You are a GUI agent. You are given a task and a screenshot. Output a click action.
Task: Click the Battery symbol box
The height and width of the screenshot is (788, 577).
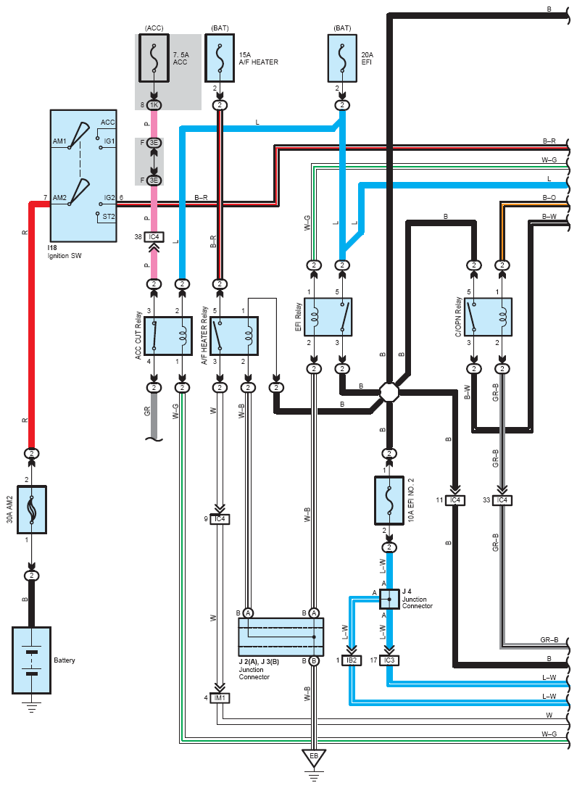click(x=31, y=660)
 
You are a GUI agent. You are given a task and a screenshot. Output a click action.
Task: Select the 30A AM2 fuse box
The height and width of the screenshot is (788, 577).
click(x=32, y=509)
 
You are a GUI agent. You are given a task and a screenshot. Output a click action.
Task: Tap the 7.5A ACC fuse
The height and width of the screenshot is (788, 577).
click(x=154, y=58)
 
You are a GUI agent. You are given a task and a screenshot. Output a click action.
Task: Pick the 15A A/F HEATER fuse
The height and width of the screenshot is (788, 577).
click(x=220, y=58)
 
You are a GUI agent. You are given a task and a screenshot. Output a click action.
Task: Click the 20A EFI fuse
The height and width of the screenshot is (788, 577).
click(x=342, y=58)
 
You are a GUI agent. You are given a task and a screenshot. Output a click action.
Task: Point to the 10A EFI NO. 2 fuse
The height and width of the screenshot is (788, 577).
click(x=389, y=500)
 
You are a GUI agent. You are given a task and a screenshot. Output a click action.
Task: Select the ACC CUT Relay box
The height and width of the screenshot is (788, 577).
click(x=168, y=336)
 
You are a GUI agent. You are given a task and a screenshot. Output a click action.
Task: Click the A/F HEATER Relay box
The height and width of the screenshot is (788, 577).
click(x=234, y=336)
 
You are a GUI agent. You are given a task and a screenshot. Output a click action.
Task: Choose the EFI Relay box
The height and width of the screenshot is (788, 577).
click(x=328, y=317)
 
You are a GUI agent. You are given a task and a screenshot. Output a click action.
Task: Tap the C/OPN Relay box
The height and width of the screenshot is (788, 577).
click(x=488, y=317)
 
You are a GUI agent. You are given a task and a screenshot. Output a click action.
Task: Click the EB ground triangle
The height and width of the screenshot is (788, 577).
click(x=314, y=758)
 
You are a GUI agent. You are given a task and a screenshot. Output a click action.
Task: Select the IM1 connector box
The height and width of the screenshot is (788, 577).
click(x=220, y=697)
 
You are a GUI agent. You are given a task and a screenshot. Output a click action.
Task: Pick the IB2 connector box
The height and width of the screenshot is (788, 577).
click(x=352, y=660)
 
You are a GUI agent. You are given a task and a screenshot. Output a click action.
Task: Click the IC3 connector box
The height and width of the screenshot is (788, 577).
click(x=389, y=660)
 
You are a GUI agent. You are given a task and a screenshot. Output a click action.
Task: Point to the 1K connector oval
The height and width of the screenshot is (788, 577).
click(x=154, y=105)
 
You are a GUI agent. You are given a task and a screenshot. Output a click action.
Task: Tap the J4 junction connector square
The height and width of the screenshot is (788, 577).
click(x=389, y=599)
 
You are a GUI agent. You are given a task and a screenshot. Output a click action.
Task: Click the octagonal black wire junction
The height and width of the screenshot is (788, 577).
click(x=389, y=392)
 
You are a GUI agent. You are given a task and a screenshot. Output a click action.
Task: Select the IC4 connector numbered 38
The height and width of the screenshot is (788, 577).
click(x=154, y=237)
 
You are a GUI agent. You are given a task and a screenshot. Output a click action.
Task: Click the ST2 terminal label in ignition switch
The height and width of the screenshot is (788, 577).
click(x=109, y=217)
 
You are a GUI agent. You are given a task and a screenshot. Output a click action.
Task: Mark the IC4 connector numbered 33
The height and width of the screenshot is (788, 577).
click(x=502, y=500)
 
